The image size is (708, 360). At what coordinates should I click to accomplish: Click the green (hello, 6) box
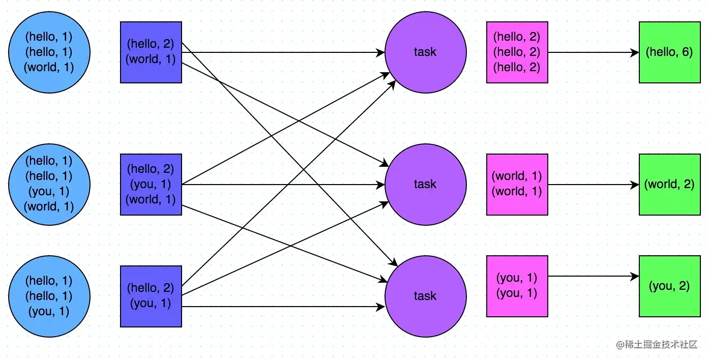pyautogui.click(x=669, y=52)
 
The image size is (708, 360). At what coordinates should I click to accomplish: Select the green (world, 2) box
pyautogui.click(x=669, y=184)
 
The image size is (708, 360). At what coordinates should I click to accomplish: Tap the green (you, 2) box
pyautogui.click(x=669, y=286)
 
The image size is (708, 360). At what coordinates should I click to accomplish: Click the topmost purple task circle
pyautogui.click(x=425, y=52)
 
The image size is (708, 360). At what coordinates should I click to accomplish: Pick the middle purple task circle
pyautogui.click(x=425, y=184)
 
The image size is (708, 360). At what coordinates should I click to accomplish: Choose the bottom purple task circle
pyautogui.click(x=425, y=296)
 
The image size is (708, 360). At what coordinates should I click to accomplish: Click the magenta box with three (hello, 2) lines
pyautogui.click(x=517, y=52)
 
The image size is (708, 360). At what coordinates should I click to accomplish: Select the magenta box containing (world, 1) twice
pyautogui.click(x=517, y=184)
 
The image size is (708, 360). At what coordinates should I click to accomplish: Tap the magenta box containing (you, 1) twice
pyautogui.click(x=517, y=286)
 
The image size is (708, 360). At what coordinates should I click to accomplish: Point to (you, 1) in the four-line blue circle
pyautogui.click(x=49, y=191)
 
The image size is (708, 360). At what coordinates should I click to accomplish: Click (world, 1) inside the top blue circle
pyautogui.click(x=49, y=67)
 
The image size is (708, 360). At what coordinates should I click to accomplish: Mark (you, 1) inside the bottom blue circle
pyautogui.click(x=49, y=311)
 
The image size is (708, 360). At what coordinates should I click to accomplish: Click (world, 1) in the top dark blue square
pyautogui.click(x=151, y=59)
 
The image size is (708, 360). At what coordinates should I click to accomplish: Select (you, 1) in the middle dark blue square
pyautogui.click(x=151, y=184)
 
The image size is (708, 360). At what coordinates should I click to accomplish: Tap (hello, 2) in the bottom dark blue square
pyautogui.click(x=151, y=288)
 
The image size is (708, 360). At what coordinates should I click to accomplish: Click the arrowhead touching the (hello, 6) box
pyautogui.click(x=635, y=52)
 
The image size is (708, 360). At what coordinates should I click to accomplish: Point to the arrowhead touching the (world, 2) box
pyautogui.click(x=635, y=185)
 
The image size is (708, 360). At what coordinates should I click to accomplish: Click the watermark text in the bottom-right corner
pyautogui.click(x=657, y=344)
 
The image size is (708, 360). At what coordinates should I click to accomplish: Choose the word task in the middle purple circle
pyautogui.click(x=425, y=184)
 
